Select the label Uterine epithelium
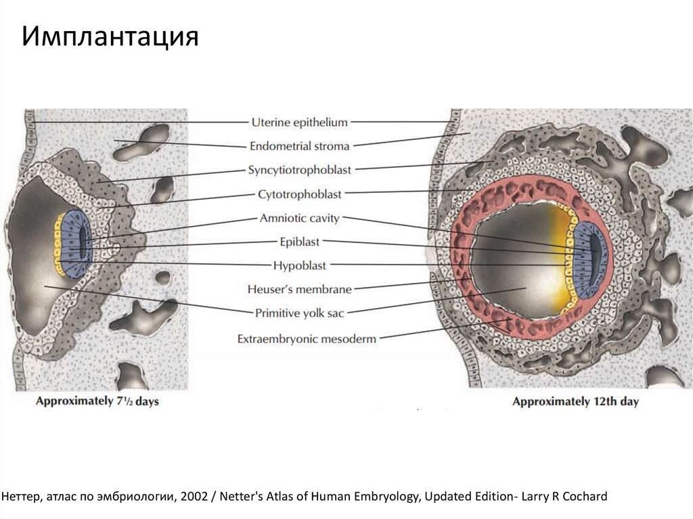pyautogui.click(x=299, y=122)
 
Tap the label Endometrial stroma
pyautogui.click(x=299, y=145)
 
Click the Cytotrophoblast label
pyautogui.click(x=299, y=194)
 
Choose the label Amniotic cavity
pyautogui.click(x=299, y=219)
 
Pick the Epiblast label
pyautogui.click(x=299, y=242)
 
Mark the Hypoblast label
pyautogui.click(x=299, y=265)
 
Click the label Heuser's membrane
pyautogui.click(x=299, y=290)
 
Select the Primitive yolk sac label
pyautogui.click(x=299, y=313)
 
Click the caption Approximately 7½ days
pyautogui.click(x=97, y=401)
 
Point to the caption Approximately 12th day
pyautogui.click(x=575, y=401)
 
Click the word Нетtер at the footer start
pyautogui.click(x=21, y=497)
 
